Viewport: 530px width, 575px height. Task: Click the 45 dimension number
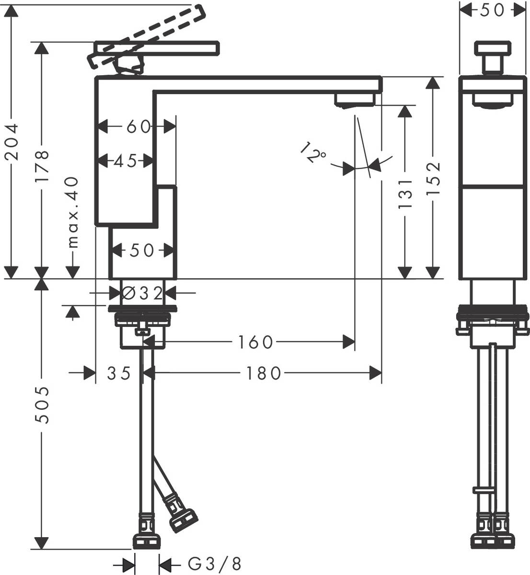point(126,161)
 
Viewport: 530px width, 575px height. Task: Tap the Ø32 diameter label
point(142,293)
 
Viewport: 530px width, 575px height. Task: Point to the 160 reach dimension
point(255,342)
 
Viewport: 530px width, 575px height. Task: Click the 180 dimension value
point(262,373)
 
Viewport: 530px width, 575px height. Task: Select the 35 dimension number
point(119,373)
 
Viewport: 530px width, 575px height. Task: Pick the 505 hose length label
point(43,405)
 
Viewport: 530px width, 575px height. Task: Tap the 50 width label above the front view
point(492,10)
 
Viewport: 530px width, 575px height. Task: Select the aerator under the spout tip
point(355,100)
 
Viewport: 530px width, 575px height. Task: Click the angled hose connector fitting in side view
point(180,515)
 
